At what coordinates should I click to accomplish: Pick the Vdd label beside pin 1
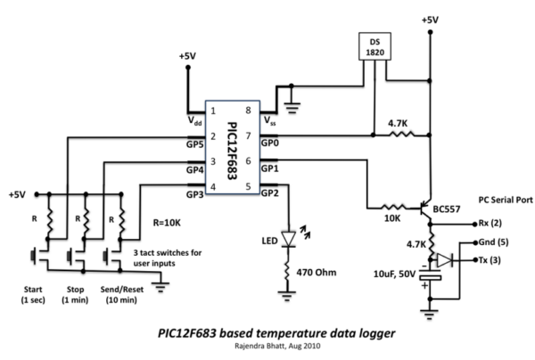(193, 119)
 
